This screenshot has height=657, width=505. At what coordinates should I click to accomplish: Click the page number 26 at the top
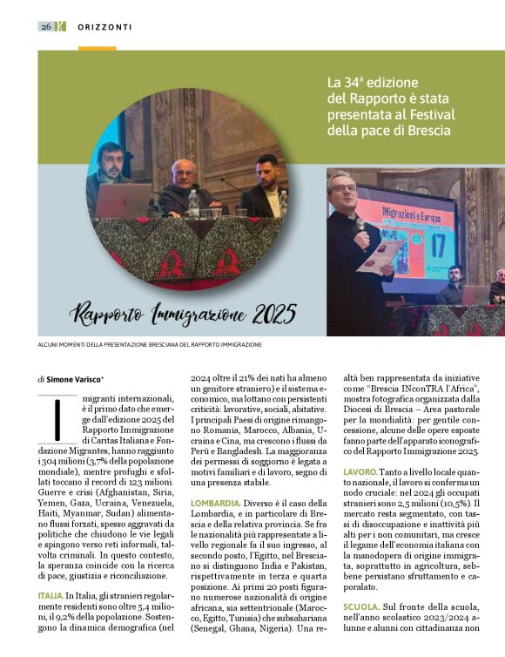coord(45,26)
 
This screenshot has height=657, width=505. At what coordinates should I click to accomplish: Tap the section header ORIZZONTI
coord(104,27)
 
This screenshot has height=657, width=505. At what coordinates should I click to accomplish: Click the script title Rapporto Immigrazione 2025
coord(183,313)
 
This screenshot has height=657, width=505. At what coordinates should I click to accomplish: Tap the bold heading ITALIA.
coord(50,595)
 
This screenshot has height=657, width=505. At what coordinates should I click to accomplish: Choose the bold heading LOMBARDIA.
coord(215,504)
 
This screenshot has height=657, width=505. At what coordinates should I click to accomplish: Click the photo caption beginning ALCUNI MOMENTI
coord(149,344)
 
